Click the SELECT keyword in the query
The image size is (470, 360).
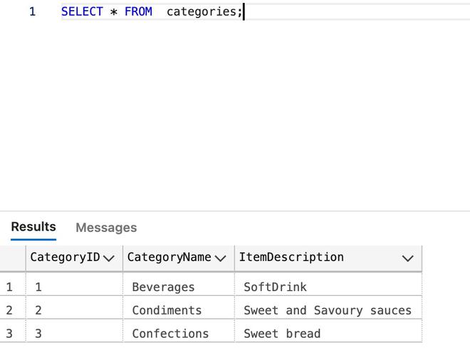pyautogui.click(x=82, y=11)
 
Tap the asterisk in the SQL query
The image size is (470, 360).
pyautogui.click(x=114, y=12)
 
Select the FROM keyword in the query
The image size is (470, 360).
pyautogui.click(x=138, y=11)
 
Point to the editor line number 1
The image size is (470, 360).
pyautogui.click(x=32, y=11)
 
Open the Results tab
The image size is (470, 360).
pyautogui.click(x=33, y=227)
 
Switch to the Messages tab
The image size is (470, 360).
pyautogui.click(x=106, y=228)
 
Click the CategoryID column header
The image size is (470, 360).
pyautogui.click(x=65, y=258)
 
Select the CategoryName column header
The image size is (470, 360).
pyautogui.click(x=169, y=258)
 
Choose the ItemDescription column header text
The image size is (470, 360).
pyautogui.click(x=291, y=258)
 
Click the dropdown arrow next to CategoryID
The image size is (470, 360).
pyautogui.click(x=108, y=258)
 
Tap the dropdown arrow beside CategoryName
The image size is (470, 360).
pyautogui.click(x=220, y=258)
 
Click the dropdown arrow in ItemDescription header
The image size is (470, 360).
pyautogui.click(x=407, y=258)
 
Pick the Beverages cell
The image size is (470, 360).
pyautogui.click(x=163, y=287)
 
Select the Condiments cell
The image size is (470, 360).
pyautogui.click(x=167, y=310)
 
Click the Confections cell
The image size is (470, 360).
pyautogui.click(x=170, y=334)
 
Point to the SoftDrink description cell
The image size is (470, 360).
pyautogui.click(x=275, y=287)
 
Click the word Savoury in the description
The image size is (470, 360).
pyautogui.click(x=338, y=311)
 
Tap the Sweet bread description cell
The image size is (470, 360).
pyautogui.click(x=282, y=334)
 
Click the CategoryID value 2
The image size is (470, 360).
pyautogui.click(x=38, y=310)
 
